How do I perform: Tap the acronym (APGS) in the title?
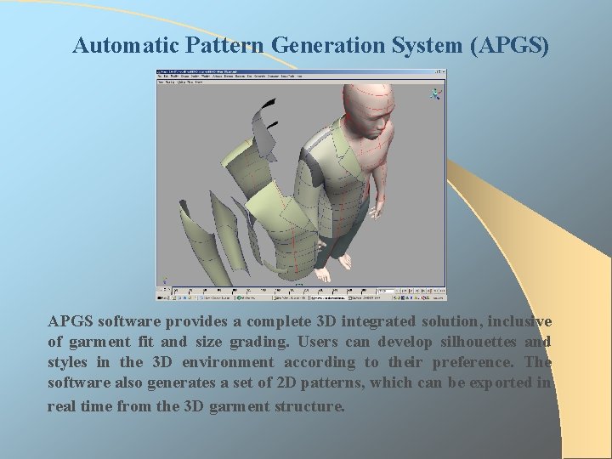pos(509,45)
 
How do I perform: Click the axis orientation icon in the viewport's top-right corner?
pos(437,94)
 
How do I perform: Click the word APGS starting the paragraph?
pos(71,321)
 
